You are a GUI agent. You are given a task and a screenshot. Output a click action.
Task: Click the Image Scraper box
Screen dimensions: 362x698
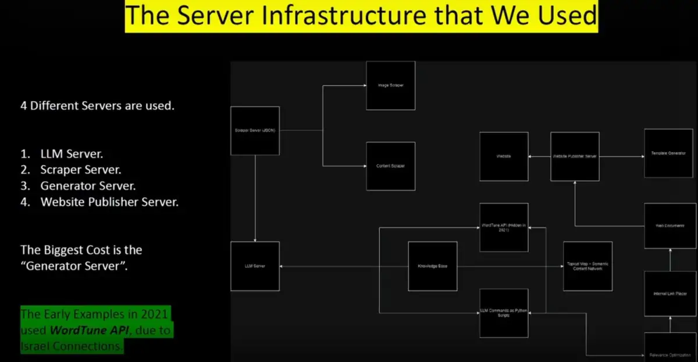pyautogui.click(x=390, y=85)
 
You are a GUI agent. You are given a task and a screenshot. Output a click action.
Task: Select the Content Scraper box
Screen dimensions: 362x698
pyautogui.click(x=390, y=166)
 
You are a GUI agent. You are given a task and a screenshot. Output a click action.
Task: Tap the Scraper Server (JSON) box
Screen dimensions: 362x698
pyautogui.click(x=255, y=131)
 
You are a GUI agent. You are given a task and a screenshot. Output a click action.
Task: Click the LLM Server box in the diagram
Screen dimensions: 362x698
pyautogui.click(x=255, y=266)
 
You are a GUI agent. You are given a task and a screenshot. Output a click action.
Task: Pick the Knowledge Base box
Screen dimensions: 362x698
pyautogui.click(x=432, y=266)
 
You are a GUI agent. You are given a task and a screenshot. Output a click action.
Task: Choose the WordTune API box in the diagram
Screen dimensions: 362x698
pyautogui.click(x=504, y=227)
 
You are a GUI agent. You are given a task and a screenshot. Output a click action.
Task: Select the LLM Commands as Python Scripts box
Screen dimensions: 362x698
pyautogui.click(x=504, y=313)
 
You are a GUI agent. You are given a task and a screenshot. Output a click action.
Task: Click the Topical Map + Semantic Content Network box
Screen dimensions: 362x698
pyautogui.click(x=587, y=266)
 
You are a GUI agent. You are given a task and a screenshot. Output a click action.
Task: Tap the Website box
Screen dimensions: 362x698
pyautogui.click(x=504, y=156)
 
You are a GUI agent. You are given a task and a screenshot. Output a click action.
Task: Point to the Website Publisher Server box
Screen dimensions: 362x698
pyautogui.click(x=575, y=156)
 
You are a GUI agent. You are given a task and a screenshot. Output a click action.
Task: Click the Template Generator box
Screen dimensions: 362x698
pyautogui.click(x=668, y=153)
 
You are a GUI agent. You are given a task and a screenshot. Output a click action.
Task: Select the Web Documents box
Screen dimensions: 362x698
pyautogui.click(x=670, y=225)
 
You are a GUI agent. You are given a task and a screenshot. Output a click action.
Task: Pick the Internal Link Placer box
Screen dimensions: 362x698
pyautogui.click(x=670, y=293)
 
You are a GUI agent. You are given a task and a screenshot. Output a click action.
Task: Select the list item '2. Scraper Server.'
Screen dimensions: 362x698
pyautogui.click(x=72, y=170)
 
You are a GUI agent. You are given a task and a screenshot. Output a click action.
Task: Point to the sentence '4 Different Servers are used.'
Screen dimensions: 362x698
pyautogui.click(x=97, y=106)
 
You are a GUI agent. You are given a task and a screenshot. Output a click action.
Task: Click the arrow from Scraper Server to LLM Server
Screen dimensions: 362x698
pyautogui.click(x=255, y=198)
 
